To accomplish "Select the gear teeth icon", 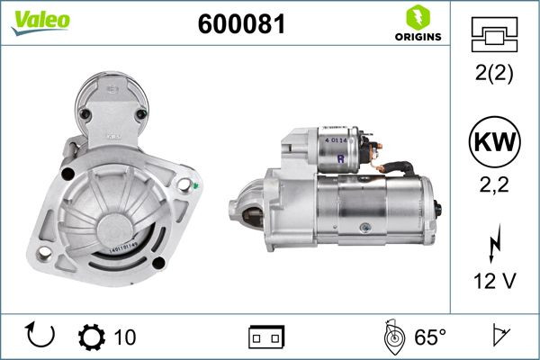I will pos(93,337).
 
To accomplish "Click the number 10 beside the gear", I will pos(125,337).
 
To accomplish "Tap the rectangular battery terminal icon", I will pos(265,337).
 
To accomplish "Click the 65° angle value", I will pos(430,337).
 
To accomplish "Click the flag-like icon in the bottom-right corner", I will pos(499,336).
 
